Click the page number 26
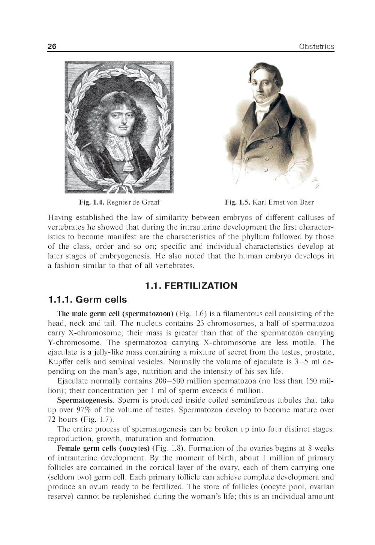(52, 46)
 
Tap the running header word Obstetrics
(316, 46)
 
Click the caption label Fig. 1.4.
(91, 202)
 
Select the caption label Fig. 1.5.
(237, 202)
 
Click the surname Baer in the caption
(306, 202)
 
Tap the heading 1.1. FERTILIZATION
(191, 286)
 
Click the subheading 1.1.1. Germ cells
(87, 300)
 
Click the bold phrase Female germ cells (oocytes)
(103, 448)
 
